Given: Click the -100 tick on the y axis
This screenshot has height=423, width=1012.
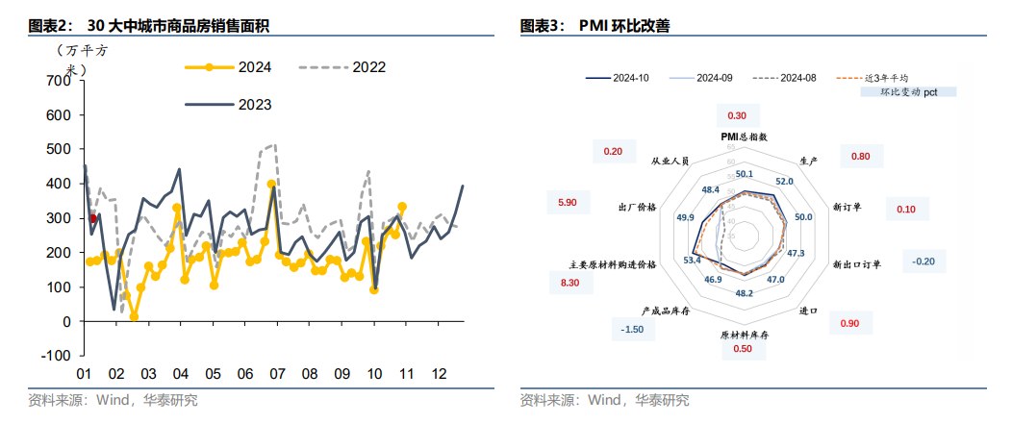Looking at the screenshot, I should pyautogui.click(x=56, y=356).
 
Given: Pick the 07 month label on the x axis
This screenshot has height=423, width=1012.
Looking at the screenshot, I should pyautogui.click(x=277, y=374).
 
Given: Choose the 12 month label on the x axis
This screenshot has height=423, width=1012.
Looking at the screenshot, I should pyautogui.click(x=440, y=374).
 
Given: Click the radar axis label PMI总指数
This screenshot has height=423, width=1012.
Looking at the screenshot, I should pyautogui.click(x=745, y=137).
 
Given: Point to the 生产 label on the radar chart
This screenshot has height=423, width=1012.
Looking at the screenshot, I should pyautogui.click(x=808, y=160).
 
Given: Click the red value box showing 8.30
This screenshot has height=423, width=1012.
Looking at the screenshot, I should pyautogui.click(x=569, y=283).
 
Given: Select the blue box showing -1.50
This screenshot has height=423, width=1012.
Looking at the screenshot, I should pyautogui.click(x=632, y=329).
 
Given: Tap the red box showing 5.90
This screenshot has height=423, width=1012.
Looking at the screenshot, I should pyautogui.click(x=567, y=203).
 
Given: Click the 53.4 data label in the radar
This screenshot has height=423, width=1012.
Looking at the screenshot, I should pyautogui.click(x=692, y=260).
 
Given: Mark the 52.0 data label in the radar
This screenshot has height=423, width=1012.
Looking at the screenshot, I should pyautogui.click(x=783, y=181).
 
